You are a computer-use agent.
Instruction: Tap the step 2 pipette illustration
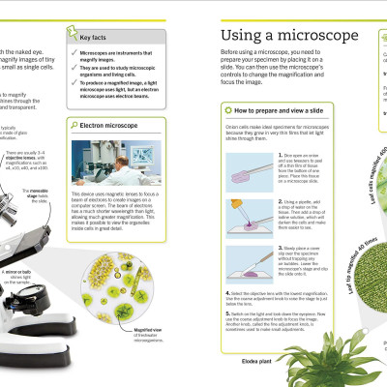(x=246, y=213)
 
